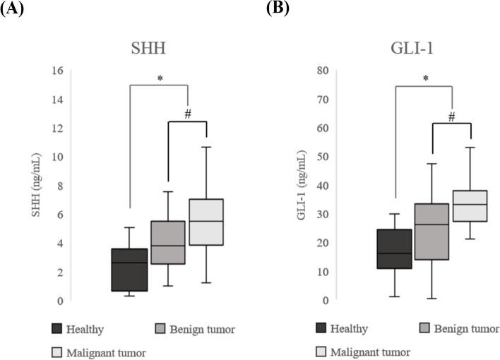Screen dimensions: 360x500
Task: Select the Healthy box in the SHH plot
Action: pos(129,270)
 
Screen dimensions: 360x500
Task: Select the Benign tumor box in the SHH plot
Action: pos(167,243)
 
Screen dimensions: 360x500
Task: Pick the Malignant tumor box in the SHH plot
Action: pos(206,222)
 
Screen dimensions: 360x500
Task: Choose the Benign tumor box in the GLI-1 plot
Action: pos(431,232)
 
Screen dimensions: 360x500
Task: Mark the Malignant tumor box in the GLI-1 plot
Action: pos(470,206)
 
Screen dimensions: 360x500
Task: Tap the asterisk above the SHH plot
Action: pos(160,78)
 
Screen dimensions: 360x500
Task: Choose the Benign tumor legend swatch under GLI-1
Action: pos(424,330)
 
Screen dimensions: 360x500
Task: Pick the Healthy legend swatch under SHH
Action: pos(59,330)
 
